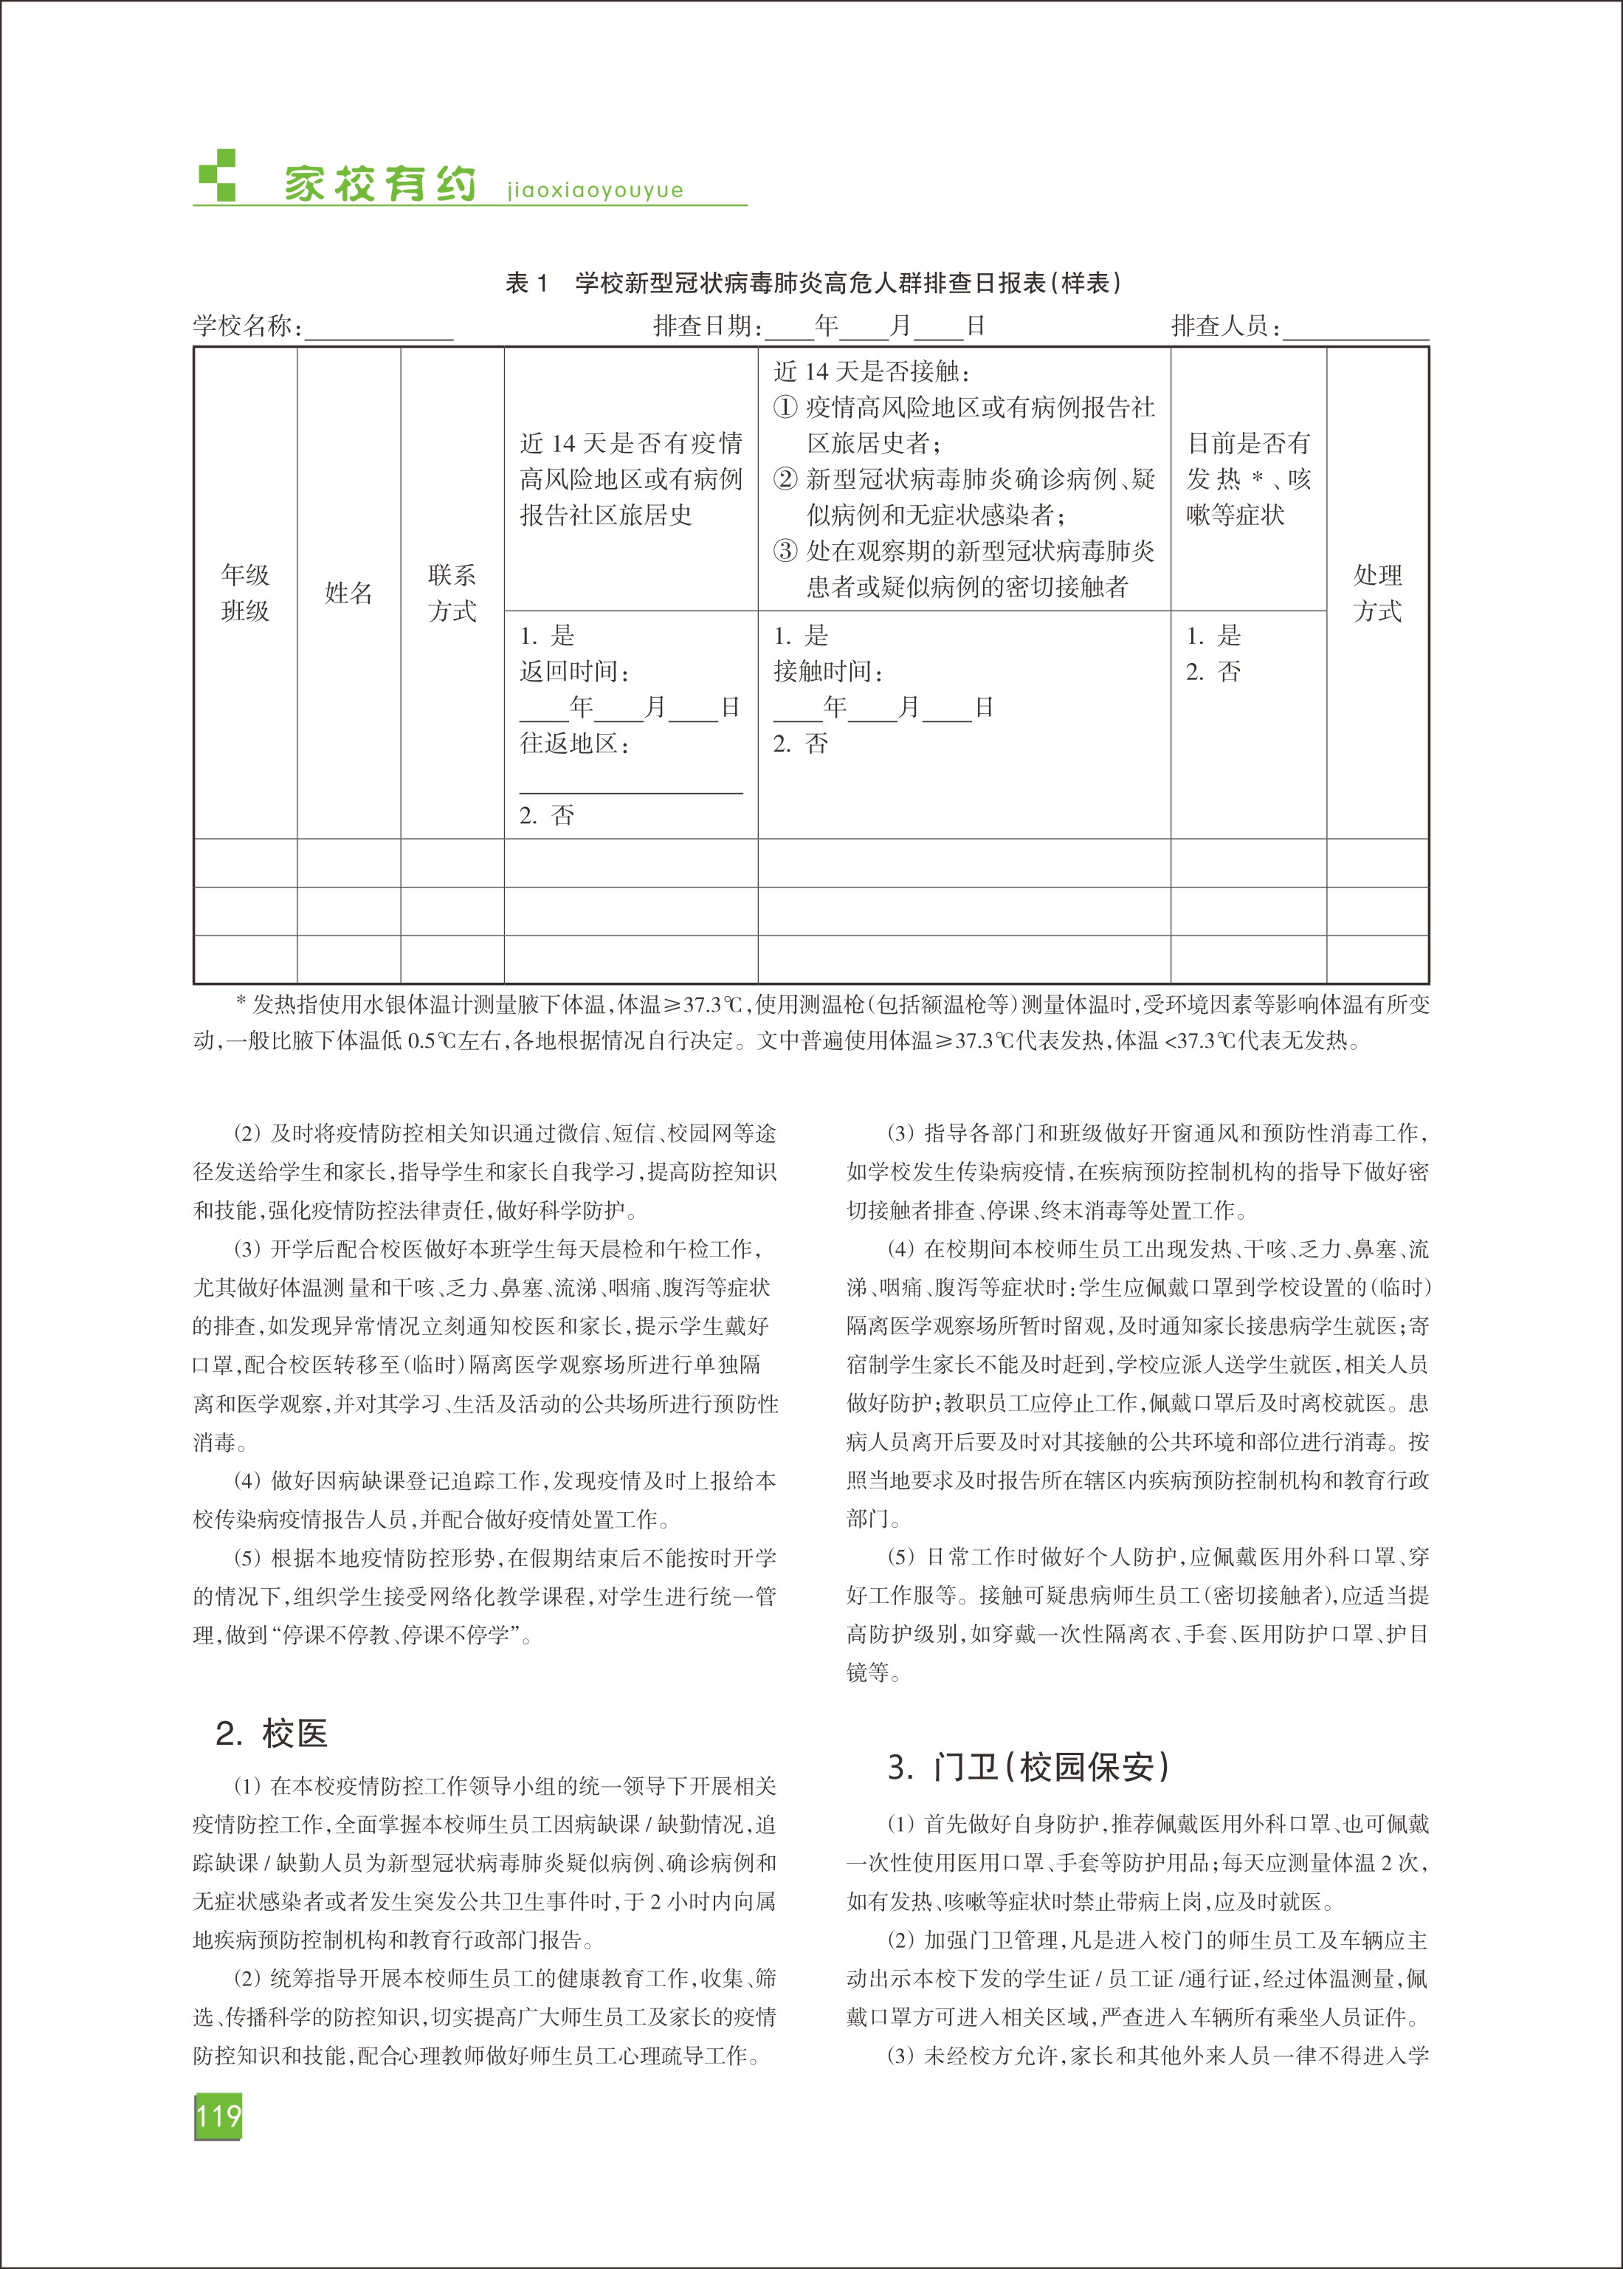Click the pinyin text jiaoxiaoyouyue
pyautogui.click(x=595, y=190)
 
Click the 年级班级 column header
pyautogui.click(x=245, y=593)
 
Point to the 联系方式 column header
pyautogui.click(x=452, y=593)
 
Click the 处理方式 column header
pyautogui.click(x=1377, y=593)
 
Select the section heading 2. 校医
pyautogui.click(x=272, y=1733)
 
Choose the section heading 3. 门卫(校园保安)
pyautogui.click(x=1027, y=1767)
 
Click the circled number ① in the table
pyautogui.click(x=785, y=408)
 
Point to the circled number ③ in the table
pyautogui.click(x=785, y=551)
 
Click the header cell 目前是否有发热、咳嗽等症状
pyautogui.click(x=1247, y=478)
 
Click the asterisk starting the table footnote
pyautogui.click(x=240, y=1000)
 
